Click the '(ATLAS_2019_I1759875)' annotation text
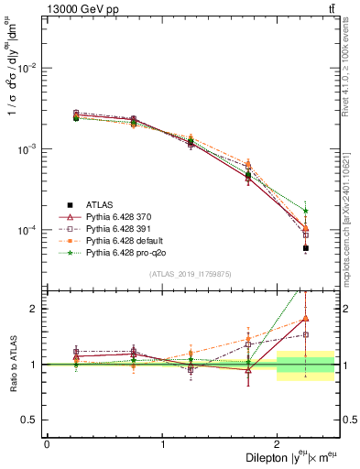coord(191,273)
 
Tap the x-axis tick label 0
coord(47,444)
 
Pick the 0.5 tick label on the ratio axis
coord(34,420)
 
